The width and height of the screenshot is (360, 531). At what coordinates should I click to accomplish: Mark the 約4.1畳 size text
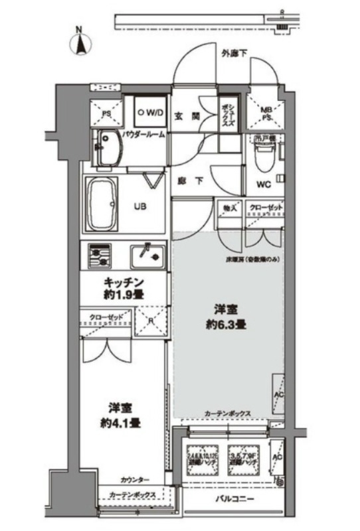coord(120,421)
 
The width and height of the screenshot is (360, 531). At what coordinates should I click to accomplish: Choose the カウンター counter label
coord(134,480)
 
